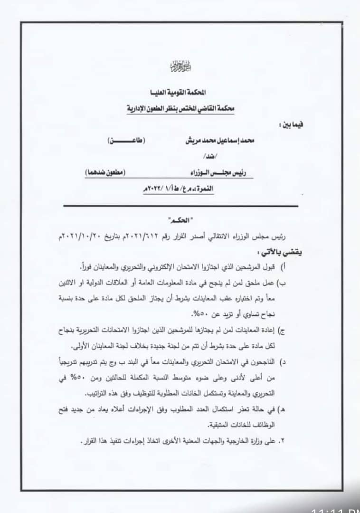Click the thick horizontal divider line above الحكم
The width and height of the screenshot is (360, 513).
180,206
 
